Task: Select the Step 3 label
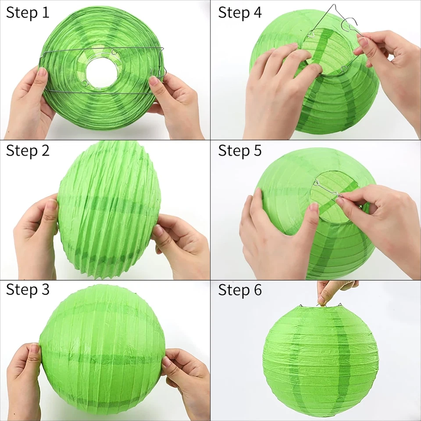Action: click(28, 290)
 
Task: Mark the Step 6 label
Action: click(240, 290)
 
